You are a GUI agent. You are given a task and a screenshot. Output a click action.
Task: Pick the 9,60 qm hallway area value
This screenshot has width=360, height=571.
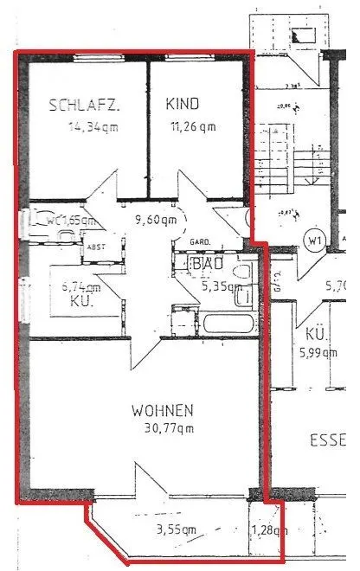click(x=156, y=220)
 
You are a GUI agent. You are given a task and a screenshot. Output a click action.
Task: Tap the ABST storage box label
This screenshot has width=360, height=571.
click(x=95, y=247)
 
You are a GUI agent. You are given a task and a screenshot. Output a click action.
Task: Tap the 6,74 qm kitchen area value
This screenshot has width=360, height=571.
click(x=81, y=286)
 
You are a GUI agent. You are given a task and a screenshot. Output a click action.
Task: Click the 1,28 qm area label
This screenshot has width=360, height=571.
click(x=267, y=530)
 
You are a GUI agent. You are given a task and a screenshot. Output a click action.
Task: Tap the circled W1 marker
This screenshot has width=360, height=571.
click(x=313, y=240)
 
